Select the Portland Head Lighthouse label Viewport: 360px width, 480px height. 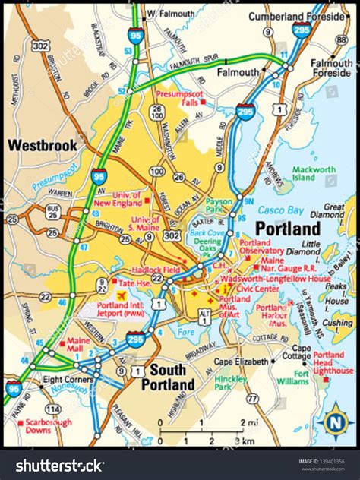point(333,362)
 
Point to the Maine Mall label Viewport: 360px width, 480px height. point(78,346)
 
